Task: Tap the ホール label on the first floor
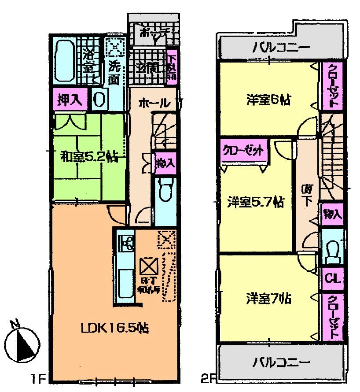click(x=154, y=104)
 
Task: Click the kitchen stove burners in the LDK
click(x=128, y=243)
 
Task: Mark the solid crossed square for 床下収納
click(x=147, y=266)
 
